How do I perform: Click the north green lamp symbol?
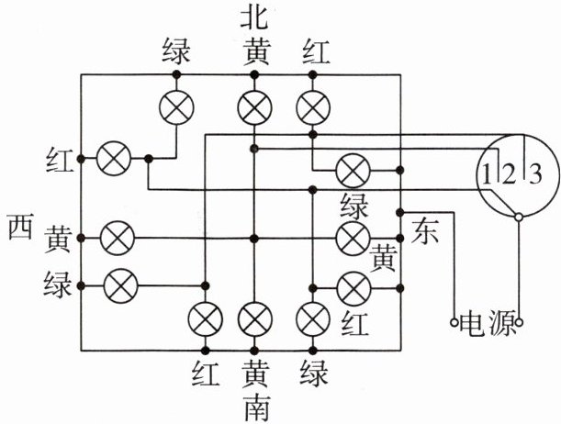pos(176,107)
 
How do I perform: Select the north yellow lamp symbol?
pos(252,107)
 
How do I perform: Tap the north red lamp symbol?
pos(313,107)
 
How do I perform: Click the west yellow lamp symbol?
pos(116,238)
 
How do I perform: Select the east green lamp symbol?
pos(352,170)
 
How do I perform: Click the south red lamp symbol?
pos(203,319)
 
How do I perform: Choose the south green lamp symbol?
pos(313,319)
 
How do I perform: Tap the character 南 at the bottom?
pos(254,407)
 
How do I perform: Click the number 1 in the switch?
pos(484,172)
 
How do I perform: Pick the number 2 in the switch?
pos(505,172)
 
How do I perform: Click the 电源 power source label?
pos(487,325)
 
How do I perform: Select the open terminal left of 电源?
pos(453,323)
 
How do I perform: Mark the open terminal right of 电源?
pos(520,323)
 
